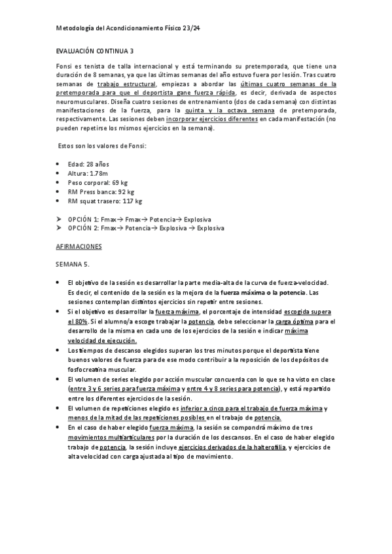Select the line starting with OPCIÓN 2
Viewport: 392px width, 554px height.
[x=146, y=228]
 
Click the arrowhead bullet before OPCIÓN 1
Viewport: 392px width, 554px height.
[x=59, y=219]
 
